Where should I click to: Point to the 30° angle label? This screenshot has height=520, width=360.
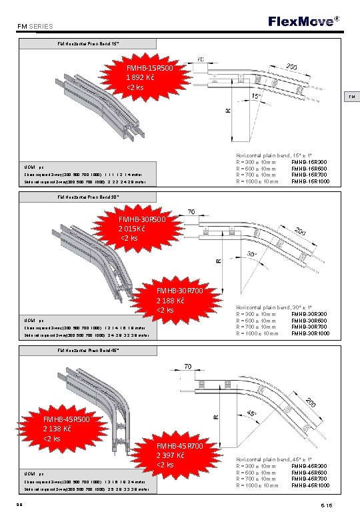pos(251,255)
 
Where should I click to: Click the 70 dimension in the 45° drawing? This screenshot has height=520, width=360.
pos(189,367)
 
